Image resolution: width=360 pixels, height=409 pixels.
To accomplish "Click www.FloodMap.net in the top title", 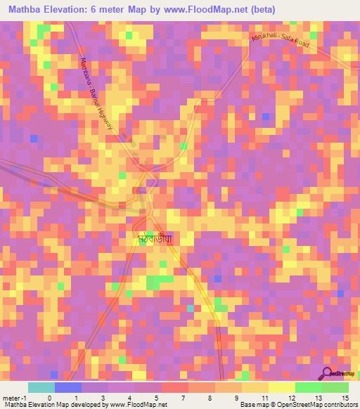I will pos(206,9).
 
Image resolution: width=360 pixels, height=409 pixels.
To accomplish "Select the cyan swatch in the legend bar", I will pos(41,387).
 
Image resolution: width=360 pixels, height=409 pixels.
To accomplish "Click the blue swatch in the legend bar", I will pos(67,387).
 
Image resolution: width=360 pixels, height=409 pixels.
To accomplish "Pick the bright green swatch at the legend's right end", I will pos(335,387).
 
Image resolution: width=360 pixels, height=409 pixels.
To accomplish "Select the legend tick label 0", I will pos(49,398).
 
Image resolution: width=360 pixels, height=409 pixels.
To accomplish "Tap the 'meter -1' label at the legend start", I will pos(15,398).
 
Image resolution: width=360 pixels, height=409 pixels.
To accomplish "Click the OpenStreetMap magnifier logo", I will pos(327,373).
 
